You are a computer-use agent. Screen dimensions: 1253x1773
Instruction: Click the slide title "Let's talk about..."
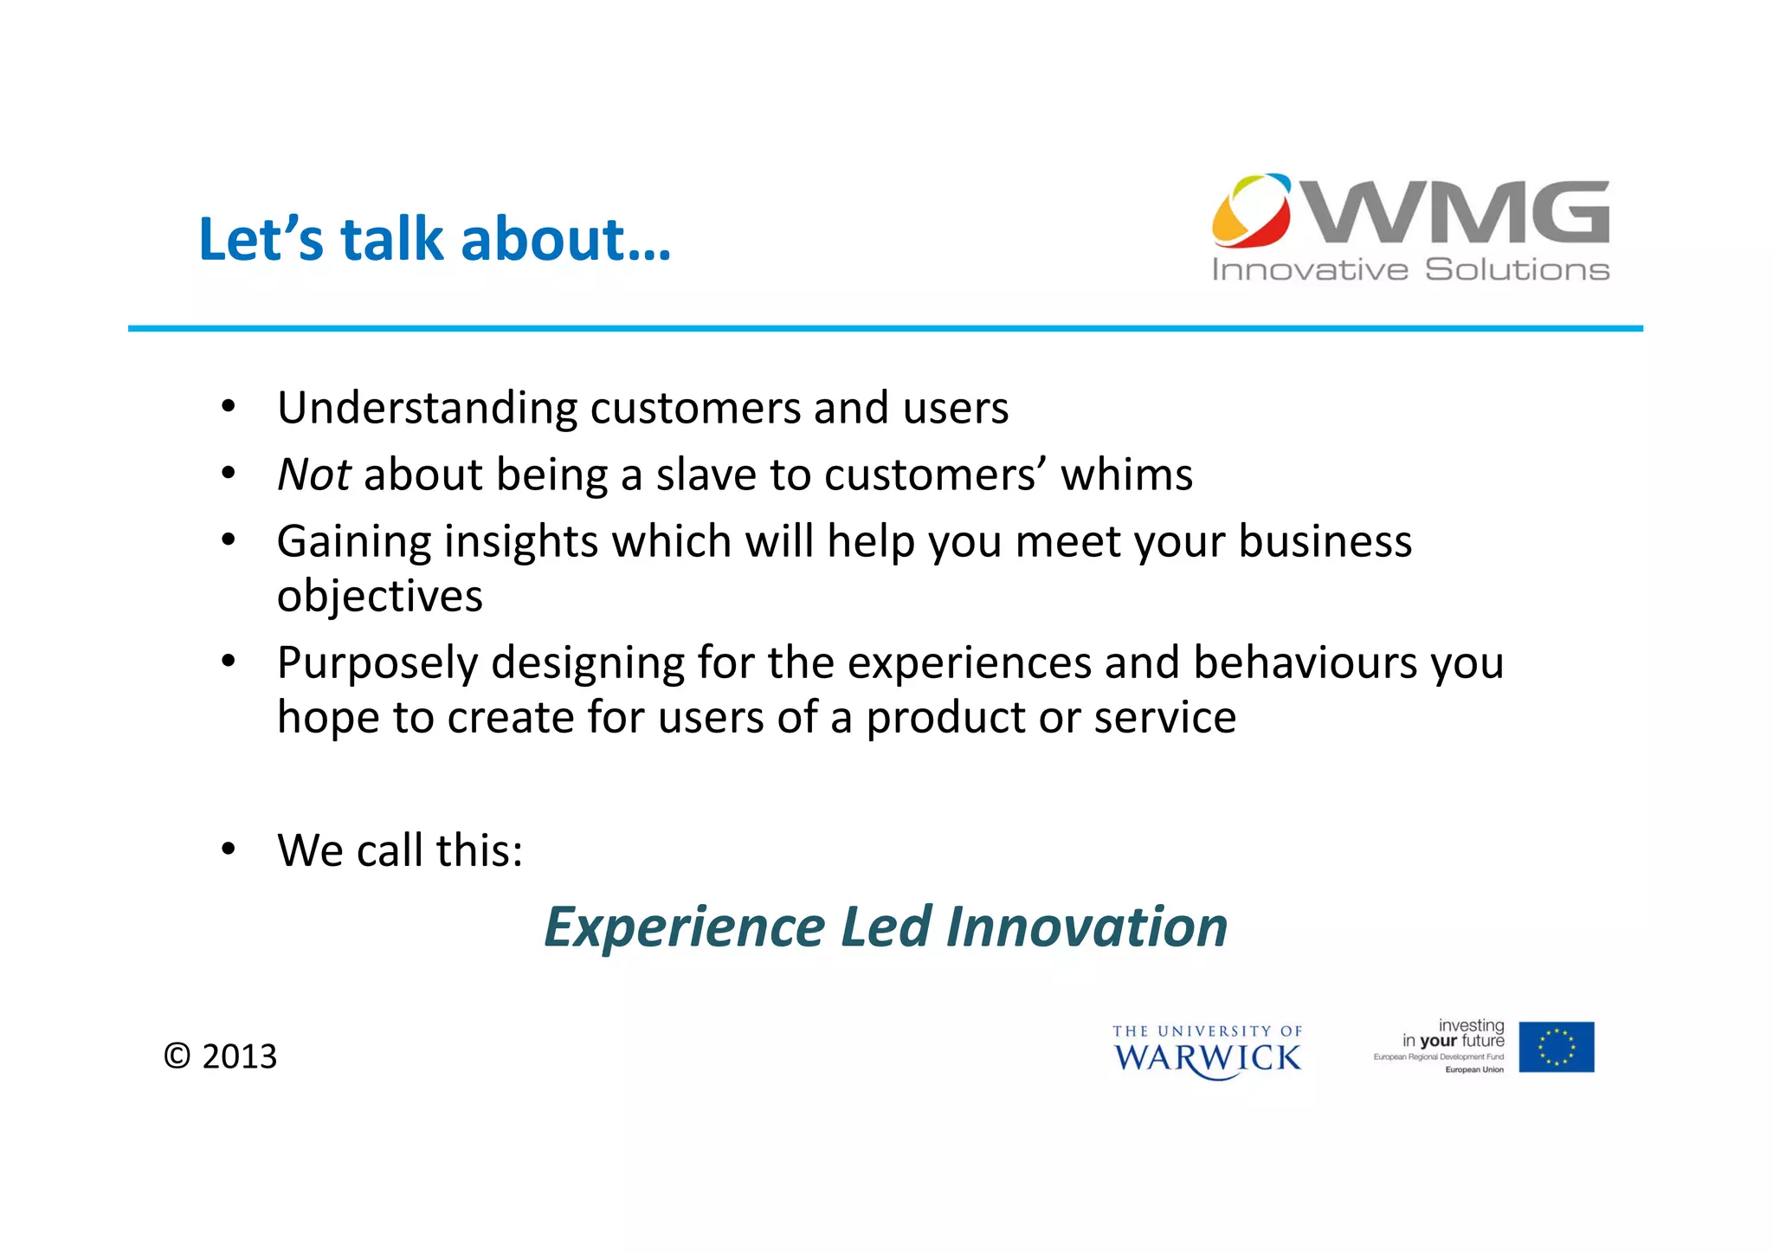(x=435, y=239)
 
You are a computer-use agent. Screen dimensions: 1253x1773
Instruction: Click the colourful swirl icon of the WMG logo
(x=1251, y=210)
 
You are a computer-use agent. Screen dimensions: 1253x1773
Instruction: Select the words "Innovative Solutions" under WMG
(x=1410, y=269)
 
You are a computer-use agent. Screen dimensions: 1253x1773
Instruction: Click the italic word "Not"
(x=313, y=475)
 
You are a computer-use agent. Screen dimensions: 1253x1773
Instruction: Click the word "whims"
(x=1126, y=475)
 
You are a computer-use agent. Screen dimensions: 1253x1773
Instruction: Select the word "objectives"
(x=379, y=596)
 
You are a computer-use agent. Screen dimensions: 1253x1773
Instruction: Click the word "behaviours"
(x=1304, y=662)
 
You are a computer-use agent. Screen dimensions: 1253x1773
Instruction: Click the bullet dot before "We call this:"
(x=228, y=849)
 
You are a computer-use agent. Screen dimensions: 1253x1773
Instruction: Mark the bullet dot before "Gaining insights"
(x=228, y=540)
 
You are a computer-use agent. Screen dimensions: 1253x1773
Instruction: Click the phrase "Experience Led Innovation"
(x=885, y=927)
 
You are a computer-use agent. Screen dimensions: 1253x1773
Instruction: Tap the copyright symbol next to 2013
(x=177, y=1056)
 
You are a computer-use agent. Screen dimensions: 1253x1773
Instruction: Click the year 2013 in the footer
(x=239, y=1056)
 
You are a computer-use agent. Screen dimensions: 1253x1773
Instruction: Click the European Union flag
(x=1556, y=1047)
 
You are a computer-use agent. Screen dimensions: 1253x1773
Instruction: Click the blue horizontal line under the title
(x=885, y=328)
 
